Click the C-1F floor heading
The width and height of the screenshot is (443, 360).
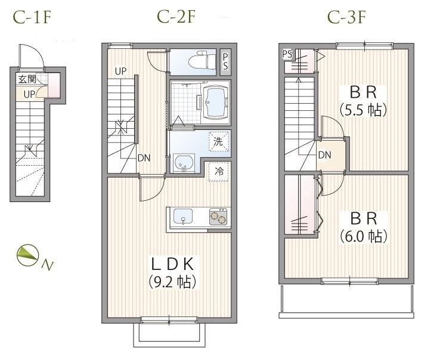[32, 17]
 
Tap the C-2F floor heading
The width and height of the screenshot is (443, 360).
[176, 17]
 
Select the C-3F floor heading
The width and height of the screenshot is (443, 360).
[346, 17]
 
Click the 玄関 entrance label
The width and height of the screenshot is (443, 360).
[27, 79]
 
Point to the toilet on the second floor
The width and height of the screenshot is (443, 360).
[202, 61]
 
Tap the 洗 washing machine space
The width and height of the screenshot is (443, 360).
[219, 141]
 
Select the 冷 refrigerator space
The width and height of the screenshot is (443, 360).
[219, 172]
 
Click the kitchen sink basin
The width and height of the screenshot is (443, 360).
[183, 217]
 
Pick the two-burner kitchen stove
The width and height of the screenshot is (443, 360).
[218, 216]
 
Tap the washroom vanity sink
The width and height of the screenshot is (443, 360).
[184, 163]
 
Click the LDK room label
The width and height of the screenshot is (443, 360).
[172, 264]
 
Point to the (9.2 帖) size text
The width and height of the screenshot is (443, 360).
[172, 282]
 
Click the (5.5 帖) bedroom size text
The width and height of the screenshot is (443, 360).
[363, 110]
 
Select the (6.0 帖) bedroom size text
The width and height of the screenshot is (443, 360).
[363, 237]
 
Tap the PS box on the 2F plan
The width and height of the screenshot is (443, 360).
[225, 62]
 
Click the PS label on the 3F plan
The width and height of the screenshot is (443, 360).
[287, 54]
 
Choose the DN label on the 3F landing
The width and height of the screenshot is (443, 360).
[324, 155]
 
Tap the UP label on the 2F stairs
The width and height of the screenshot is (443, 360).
[120, 71]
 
